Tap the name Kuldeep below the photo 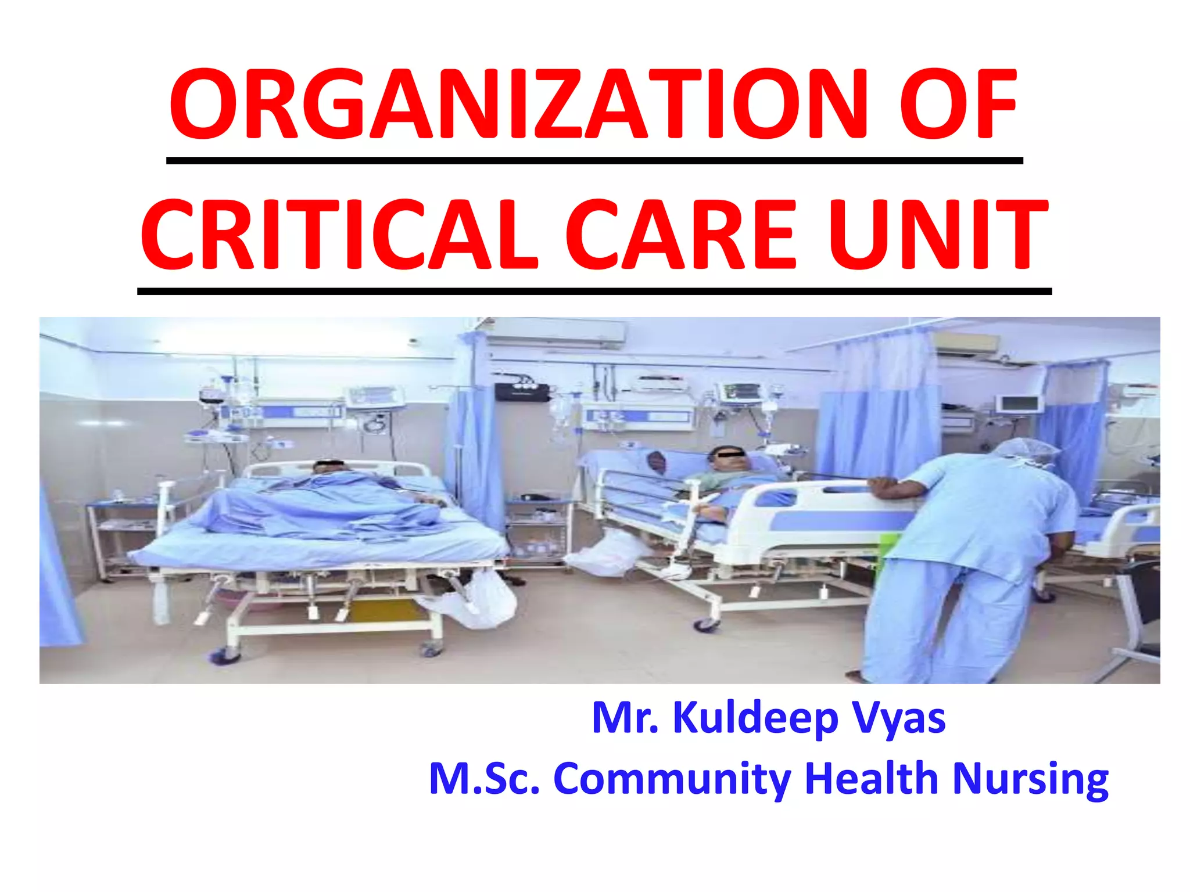[755, 719]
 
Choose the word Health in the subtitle [872, 778]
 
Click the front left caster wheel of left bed [223, 656]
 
